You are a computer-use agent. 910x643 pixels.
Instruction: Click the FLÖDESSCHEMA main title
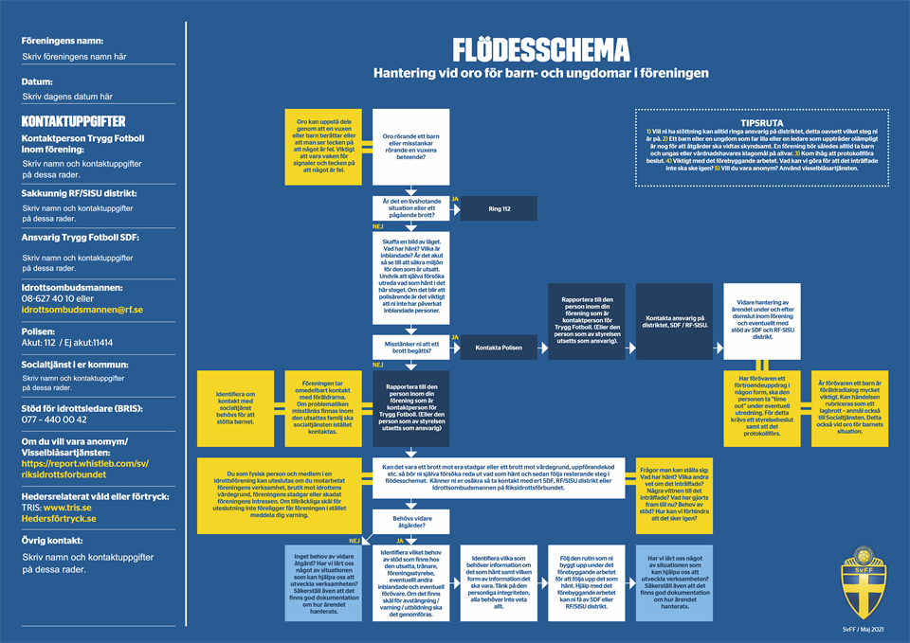click(x=540, y=49)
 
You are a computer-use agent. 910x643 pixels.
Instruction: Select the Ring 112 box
click(x=500, y=208)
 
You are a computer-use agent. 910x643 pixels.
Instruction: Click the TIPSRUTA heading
click(x=760, y=122)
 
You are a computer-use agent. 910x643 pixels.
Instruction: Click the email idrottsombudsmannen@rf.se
click(x=82, y=310)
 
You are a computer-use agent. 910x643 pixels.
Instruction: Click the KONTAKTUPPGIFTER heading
click(x=73, y=122)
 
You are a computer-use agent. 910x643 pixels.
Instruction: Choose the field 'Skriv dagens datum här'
click(x=67, y=97)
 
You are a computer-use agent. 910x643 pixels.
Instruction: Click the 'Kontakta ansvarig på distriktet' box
click(x=677, y=323)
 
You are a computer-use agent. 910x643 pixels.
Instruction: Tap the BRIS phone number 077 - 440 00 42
click(x=54, y=420)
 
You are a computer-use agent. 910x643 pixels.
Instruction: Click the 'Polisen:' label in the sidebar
click(x=40, y=331)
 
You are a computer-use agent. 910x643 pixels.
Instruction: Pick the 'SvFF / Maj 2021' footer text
click(x=863, y=629)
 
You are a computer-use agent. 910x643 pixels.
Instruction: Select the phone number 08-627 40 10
click(x=55, y=297)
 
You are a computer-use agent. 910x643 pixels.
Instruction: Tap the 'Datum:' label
click(x=38, y=80)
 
